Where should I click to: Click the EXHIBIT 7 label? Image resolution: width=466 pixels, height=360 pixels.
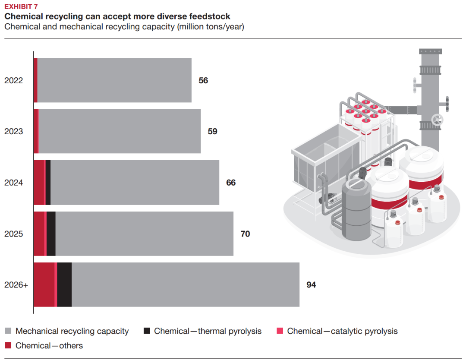[x=21, y=6]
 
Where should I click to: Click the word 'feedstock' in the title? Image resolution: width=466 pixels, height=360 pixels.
[x=210, y=16]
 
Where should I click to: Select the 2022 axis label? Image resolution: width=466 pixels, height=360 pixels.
[x=13, y=80]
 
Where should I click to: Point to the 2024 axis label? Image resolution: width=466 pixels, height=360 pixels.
[x=13, y=183]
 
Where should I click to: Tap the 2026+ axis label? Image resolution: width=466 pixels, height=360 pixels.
[x=16, y=285]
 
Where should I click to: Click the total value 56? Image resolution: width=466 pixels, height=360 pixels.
[x=203, y=80]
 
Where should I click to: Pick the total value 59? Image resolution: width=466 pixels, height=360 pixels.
[x=212, y=131]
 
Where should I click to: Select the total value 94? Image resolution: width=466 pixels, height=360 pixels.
[x=311, y=285]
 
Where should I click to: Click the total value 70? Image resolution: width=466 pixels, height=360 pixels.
[x=245, y=234]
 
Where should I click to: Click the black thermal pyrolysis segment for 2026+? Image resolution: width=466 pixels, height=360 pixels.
[x=64, y=285]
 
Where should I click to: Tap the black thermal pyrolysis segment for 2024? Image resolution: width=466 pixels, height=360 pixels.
[x=48, y=183]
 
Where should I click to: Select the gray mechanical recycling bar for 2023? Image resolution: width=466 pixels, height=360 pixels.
[x=120, y=131]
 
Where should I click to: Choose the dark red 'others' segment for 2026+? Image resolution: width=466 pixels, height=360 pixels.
[x=44, y=285]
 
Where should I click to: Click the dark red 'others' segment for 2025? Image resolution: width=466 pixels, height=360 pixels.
[x=39, y=234]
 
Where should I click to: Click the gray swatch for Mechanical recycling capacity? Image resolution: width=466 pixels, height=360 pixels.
[x=8, y=332]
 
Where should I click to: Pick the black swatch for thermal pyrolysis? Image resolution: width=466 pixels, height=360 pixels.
[x=147, y=332]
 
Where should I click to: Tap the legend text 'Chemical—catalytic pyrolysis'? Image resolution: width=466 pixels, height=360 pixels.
[x=342, y=332]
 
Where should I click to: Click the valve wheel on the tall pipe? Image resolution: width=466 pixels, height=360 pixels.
[x=438, y=120]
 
